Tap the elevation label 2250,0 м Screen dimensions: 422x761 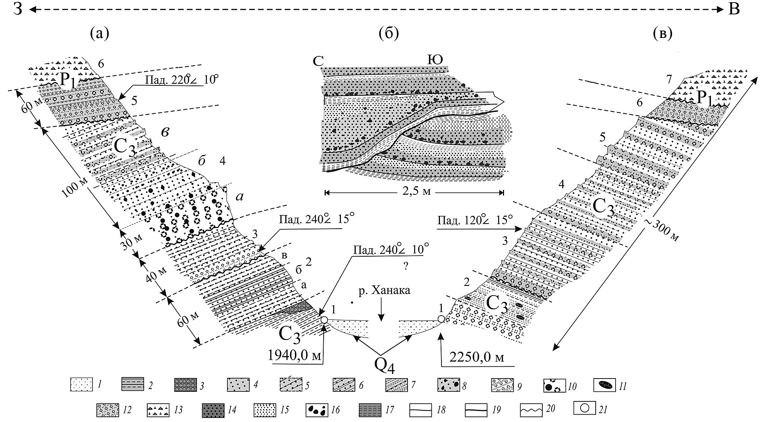click(477, 357)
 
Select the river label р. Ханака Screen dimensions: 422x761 click(384, 290)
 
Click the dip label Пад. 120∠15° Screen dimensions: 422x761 click(475, 221)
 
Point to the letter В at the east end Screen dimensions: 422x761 click(734, 10)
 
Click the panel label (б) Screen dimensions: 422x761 click(389, 34)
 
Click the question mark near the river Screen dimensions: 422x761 click(405, 267)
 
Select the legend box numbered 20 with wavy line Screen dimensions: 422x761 click(532, 409)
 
